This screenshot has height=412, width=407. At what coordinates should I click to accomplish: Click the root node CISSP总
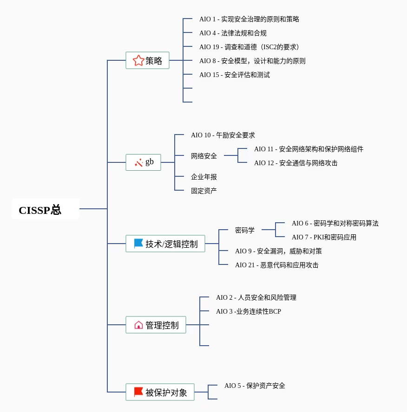[40, 210]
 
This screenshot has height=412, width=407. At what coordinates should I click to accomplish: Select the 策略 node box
[147, 60]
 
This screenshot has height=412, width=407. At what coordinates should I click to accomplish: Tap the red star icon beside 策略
[138, 60]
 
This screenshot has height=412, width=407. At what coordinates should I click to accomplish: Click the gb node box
[143, 162]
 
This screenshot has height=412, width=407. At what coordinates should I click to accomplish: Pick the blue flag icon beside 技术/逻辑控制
[138, 244]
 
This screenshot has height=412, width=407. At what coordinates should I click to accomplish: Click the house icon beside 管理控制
[138, 325]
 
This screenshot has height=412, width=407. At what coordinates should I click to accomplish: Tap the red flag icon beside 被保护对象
[138, 392]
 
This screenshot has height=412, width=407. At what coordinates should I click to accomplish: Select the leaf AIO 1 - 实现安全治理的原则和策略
[249, 19]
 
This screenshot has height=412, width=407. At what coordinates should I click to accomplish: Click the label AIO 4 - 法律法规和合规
[233, 33]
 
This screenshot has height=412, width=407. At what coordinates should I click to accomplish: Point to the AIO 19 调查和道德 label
[249, 47]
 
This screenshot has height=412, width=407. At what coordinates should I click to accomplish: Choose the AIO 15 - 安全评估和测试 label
[234, 75]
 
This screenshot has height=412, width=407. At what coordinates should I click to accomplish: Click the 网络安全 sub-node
[204, 156]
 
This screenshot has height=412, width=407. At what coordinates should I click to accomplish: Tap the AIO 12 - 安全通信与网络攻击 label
[295, 163]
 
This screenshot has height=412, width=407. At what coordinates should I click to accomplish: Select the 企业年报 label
[204, 177]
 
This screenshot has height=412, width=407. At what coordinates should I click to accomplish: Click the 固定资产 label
[204, 191]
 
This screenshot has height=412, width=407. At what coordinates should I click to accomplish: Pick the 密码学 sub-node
[245, 230]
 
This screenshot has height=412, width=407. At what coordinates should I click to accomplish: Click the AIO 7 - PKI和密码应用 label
[324, 237]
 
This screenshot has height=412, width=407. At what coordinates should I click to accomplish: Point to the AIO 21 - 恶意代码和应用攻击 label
[276, 265]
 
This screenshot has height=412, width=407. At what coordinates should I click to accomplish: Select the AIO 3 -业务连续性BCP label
[248, 311]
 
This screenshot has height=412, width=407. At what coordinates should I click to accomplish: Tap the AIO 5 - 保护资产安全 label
[255, 386]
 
